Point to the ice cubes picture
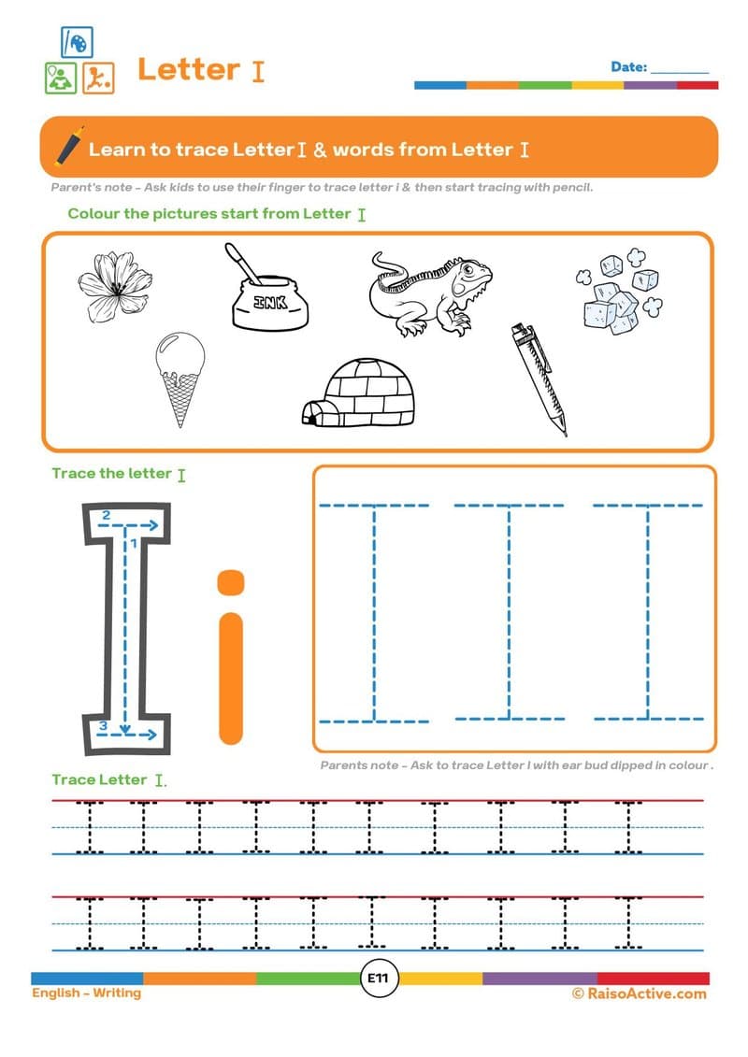point(617,289)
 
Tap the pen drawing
point(539,379)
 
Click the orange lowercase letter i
point(230,654)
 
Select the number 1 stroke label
point(135,542)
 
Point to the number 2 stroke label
point(106,515)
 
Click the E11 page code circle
point(381,978)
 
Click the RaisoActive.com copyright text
point(639,993)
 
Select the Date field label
point(628,67)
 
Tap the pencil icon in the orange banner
point(68,146)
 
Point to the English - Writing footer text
point(86,993)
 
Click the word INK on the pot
point(268,303)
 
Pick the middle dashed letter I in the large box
point(510,612)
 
